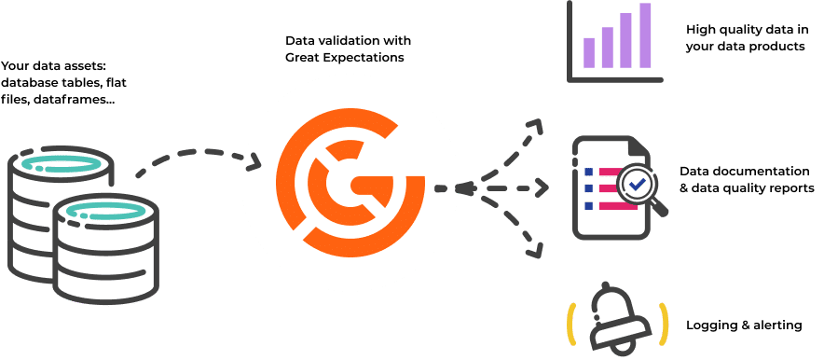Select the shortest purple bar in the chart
click(589, 52)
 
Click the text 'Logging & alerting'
click(743, 325)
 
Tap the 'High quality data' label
click(745, 37)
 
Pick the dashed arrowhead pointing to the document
click(541, 188)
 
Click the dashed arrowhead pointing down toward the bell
click(536, 251)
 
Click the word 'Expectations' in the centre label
click(373, 59)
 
